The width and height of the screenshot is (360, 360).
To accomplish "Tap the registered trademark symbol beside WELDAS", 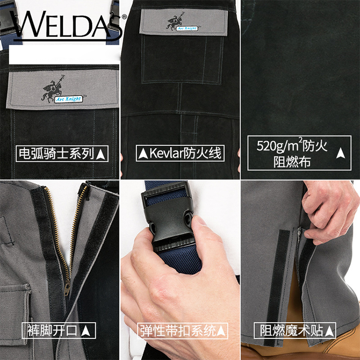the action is [124, 16].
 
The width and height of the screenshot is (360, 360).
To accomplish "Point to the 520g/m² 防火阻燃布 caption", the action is [292, 153].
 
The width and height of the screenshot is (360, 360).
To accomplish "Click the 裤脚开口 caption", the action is [52, 330].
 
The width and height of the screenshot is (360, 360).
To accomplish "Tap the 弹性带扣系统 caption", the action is [179, 331].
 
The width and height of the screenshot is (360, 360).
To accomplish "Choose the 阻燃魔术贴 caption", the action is [291, 330].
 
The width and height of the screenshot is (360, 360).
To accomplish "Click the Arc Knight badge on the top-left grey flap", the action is [69, 99].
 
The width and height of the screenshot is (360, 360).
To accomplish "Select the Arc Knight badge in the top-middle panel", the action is [187, 28].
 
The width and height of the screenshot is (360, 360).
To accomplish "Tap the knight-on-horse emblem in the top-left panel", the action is [52, 88].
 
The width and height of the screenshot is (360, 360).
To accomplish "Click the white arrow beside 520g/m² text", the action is [340, 153].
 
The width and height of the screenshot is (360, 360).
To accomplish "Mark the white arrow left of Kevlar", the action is [143, 154].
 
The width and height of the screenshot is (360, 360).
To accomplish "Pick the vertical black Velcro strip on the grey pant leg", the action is [276, 288].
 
